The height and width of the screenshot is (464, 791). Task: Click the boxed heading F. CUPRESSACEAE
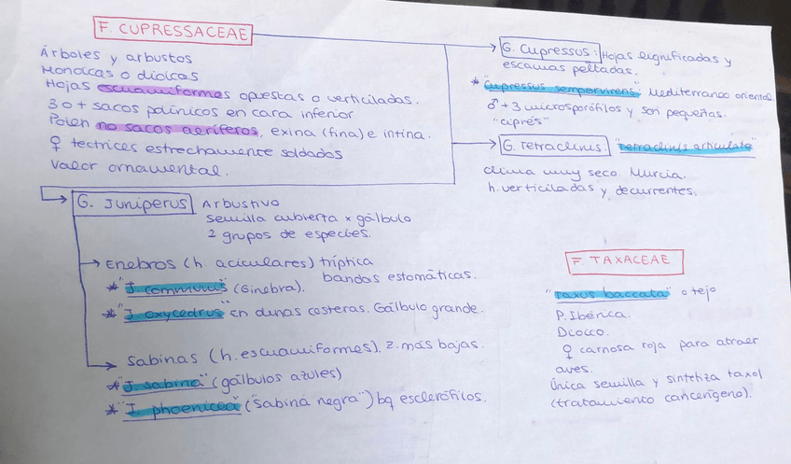pos(173,31)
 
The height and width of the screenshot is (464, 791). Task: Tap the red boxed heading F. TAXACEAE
pos(624,260)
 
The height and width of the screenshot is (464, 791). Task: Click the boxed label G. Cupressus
pos(548,48)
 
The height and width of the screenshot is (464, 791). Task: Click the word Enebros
pos(134,265)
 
